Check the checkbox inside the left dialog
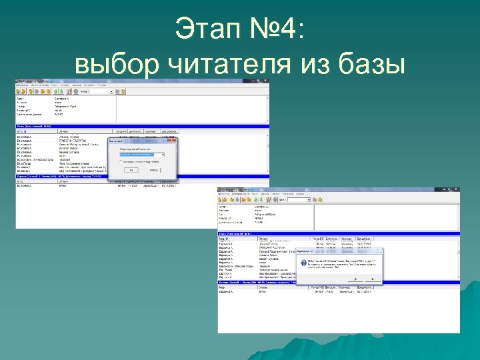click(121, 161)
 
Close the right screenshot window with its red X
click(457, 190)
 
